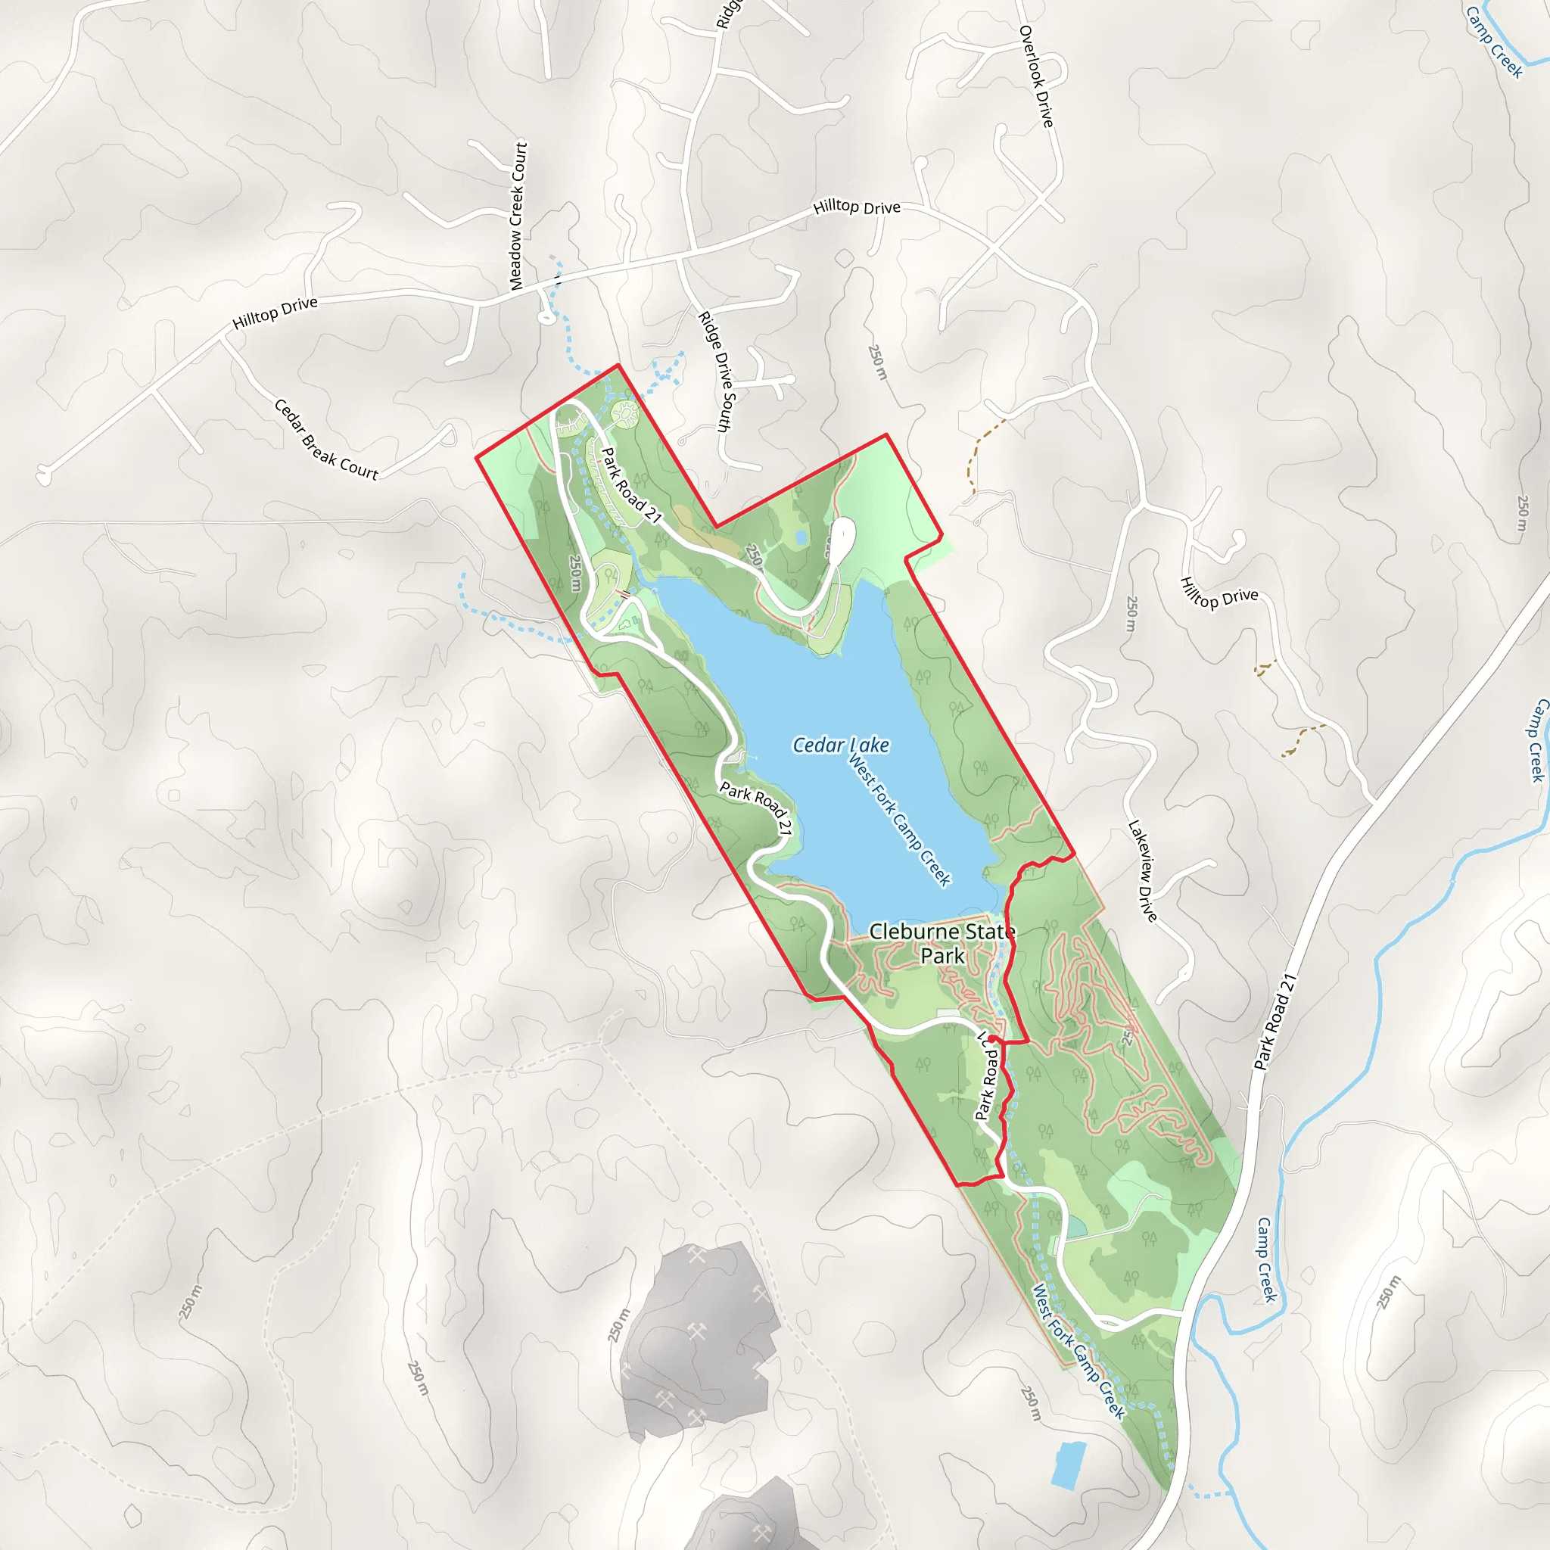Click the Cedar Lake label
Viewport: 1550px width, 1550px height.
pos(840,745)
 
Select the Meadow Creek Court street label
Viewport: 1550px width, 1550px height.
pos(518,216)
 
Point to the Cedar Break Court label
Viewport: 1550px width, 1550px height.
pos(325,440)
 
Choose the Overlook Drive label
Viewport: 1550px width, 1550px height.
pos(1036,76)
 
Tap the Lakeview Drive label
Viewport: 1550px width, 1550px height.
pos(1142,870)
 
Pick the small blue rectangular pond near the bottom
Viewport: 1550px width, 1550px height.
pos(1069,1464)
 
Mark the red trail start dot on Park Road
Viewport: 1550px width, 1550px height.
pos(992,1039)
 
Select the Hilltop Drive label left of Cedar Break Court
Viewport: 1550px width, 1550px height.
pos(275,313)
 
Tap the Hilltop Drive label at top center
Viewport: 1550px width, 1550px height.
pos(857,207)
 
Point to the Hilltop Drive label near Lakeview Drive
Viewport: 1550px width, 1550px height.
pos(1219,593)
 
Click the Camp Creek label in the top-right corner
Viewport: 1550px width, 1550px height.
pos(1493,42)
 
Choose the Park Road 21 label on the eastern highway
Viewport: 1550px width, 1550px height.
pos(1275,1022)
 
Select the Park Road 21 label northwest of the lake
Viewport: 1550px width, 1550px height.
pos(631,485)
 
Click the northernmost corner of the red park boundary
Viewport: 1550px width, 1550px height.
pos(618,365)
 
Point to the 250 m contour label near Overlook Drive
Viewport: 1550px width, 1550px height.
pos(878,362)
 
